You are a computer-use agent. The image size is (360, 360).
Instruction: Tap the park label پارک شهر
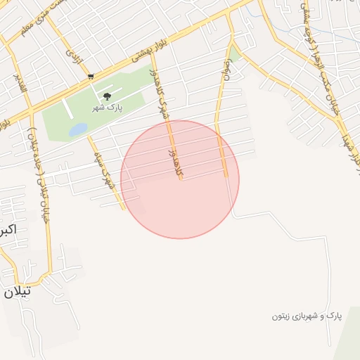click(106, 108)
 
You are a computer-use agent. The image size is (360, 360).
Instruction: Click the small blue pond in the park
click(77, 129)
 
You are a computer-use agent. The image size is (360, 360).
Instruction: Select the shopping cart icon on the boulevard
click(90, 76)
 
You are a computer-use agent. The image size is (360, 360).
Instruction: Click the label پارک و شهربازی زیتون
click(307, 316)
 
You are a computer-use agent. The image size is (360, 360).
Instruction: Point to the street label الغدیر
click(22, 85)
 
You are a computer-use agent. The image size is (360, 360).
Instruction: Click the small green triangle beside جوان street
click(234, 53)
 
